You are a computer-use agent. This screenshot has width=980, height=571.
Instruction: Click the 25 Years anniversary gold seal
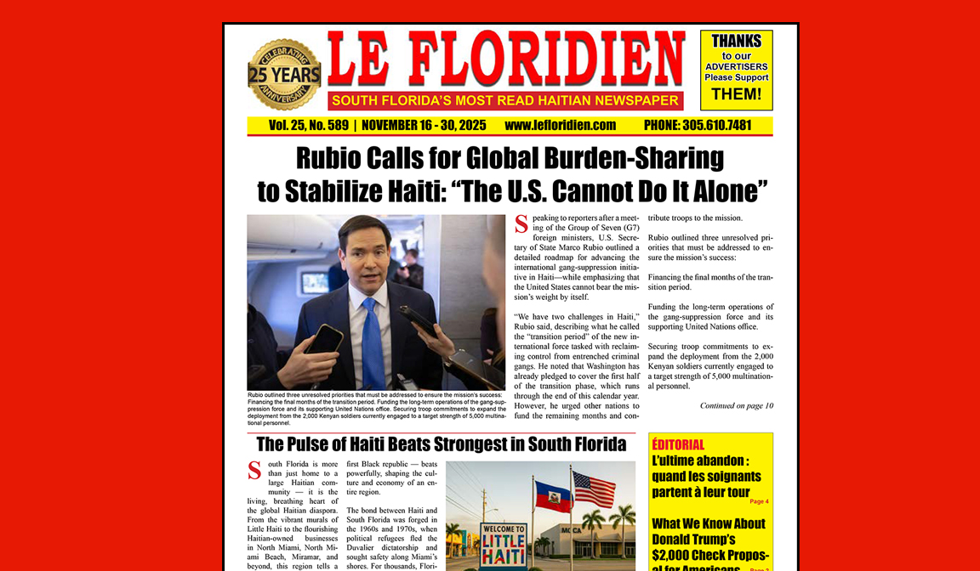[284, 75]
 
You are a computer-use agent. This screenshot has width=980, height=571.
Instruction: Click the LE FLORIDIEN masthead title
[505, 59]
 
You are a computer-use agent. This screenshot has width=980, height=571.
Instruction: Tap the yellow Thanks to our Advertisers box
[736, 70]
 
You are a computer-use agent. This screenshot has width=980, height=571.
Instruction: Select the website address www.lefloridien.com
[560, 125]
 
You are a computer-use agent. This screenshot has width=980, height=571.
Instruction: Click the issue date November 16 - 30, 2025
[424, 125]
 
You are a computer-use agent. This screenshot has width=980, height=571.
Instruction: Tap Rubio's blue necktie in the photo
[373, 343]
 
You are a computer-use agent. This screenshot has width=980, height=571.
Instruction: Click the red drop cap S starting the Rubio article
[521, 225]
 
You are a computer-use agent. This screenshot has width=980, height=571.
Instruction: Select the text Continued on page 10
[737, 405]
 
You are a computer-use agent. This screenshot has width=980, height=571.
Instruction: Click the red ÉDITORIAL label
[678, 444]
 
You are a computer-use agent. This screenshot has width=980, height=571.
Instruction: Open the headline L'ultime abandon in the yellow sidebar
[706, 476]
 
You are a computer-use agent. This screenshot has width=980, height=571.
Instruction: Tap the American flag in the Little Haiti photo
[594, 489]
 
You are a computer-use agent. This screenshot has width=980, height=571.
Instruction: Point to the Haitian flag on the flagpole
[551, 497]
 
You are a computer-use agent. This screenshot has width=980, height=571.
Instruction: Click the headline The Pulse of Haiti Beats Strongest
[441, 444]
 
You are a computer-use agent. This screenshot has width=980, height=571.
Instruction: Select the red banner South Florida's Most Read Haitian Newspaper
[505, 101]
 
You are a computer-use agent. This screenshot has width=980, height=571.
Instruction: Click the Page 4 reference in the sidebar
[759, 501]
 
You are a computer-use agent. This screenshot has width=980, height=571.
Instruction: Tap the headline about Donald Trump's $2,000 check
[709, 540]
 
